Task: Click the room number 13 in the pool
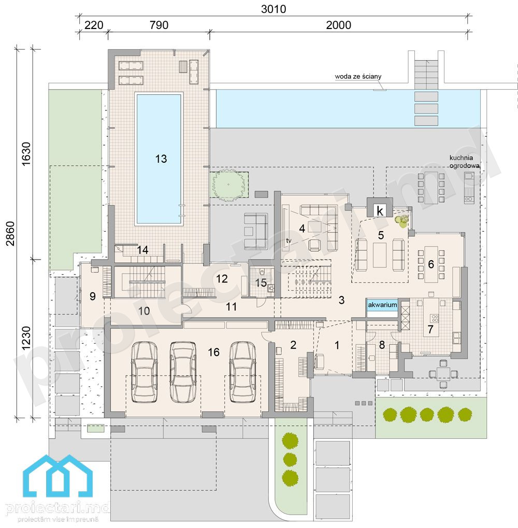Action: coord(161,159)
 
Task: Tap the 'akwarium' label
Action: coord(382,305)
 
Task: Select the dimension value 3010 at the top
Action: coord(274,9)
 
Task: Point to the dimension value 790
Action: coord(159,25)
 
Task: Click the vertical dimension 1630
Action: coord(26,153)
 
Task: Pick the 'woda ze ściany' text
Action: coord(358,77)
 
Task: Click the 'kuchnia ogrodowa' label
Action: coord(464,161)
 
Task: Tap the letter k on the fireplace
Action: coord(380,211)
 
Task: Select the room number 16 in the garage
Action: coord(213,352)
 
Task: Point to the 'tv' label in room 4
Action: coord(289,240)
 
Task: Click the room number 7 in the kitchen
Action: coord(430,329)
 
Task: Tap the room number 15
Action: coord(261,282)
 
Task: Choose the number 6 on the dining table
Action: coord(431,264)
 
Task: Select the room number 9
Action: coord(93,296)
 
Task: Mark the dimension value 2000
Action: coord(338,25)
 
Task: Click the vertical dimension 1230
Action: coord(26,338)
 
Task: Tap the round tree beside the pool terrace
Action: coord(228,185)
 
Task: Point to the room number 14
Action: coord(142,250)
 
